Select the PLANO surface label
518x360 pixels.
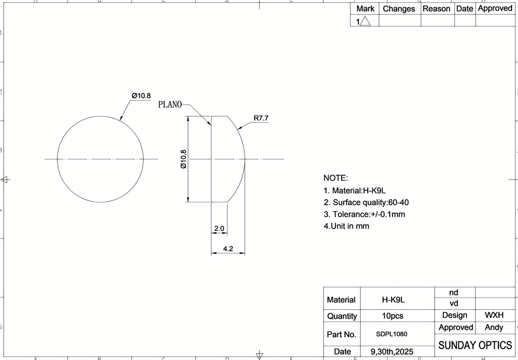tap(170, 104)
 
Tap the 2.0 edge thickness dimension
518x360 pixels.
tap(219, 228)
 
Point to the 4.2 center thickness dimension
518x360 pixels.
tap(228, 249)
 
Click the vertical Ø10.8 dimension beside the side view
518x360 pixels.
tap(183, 159)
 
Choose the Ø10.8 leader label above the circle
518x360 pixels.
tap(141, 95)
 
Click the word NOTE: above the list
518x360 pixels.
tap(335, 178)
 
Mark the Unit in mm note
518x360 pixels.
tap(346, 226)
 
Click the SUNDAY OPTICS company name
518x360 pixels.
tap(475, 345)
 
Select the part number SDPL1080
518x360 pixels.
tap(392, 334)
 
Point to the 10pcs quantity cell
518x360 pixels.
tap(392, 316)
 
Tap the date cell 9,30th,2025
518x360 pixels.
tap(392, 351)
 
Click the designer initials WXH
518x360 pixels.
tap(494, 316)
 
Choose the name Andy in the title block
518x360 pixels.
tap(494, 328)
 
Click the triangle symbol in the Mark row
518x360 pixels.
tap(365, 21)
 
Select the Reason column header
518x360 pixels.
tap(436, 9)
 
